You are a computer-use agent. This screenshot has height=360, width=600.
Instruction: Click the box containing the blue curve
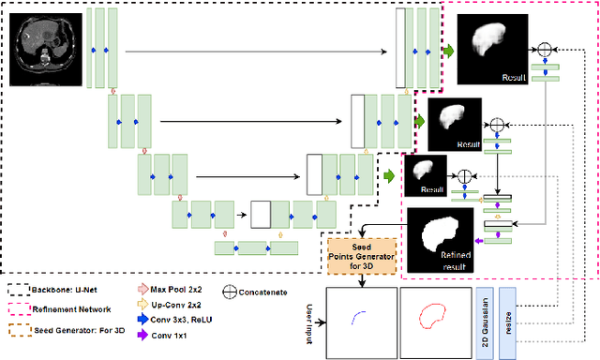click(360, 322)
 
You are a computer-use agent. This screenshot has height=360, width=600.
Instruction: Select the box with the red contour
click(434, 322)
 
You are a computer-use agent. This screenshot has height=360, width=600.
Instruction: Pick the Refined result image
click(440, 240)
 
